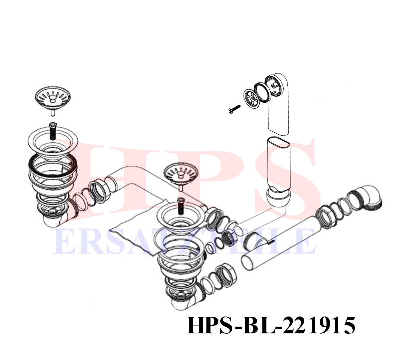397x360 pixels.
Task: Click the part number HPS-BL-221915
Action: click(271, 325)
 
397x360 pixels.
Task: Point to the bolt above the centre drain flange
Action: click(181, 205)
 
